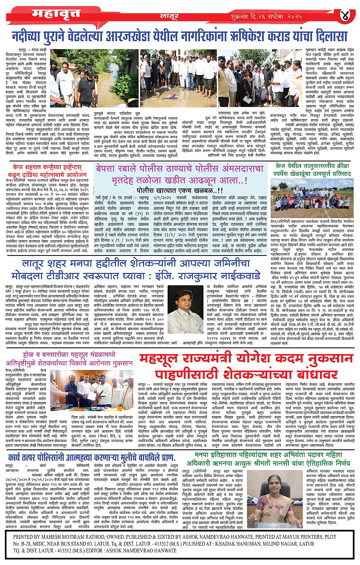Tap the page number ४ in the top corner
345,15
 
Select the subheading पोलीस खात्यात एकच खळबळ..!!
179,190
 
